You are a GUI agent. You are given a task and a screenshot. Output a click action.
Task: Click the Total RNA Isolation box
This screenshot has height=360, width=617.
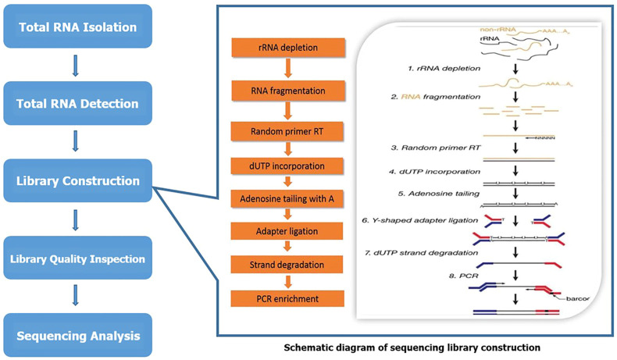78,27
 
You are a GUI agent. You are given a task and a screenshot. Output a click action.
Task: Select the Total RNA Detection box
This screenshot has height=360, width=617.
78,103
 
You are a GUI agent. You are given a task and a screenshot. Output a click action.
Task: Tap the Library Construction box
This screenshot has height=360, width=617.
78,180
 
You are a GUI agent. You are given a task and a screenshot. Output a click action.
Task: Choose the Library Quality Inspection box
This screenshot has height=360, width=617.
78,258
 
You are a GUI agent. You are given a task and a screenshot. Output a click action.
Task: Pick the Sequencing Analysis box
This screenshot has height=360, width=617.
78,335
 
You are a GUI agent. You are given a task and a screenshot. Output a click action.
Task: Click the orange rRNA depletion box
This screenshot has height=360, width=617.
288,48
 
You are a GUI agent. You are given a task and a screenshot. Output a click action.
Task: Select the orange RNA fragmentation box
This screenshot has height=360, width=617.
288,91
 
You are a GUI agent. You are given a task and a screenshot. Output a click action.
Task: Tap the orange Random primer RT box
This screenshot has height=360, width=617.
287,131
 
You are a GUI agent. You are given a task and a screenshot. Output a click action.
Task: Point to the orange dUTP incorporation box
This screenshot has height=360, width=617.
287,166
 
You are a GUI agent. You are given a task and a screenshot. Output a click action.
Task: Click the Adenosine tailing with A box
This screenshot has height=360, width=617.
287,198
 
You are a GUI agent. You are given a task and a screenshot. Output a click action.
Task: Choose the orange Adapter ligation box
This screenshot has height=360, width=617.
287,231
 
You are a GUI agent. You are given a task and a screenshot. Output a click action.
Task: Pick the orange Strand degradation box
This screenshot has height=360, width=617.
287,265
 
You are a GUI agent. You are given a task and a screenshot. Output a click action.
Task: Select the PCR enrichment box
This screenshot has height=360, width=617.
287,298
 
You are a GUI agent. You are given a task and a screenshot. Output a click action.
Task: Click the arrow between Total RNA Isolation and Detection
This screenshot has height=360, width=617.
76,66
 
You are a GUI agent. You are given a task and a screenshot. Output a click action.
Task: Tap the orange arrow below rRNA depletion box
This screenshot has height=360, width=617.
288,69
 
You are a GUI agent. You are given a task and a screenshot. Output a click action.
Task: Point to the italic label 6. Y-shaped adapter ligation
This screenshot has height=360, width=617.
419,220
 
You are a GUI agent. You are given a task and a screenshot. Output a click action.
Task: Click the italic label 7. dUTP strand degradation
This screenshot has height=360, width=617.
421,252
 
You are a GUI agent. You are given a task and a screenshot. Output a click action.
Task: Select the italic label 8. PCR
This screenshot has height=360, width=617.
464,276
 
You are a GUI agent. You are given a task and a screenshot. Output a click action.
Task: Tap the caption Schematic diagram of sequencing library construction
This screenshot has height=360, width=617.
412,348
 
